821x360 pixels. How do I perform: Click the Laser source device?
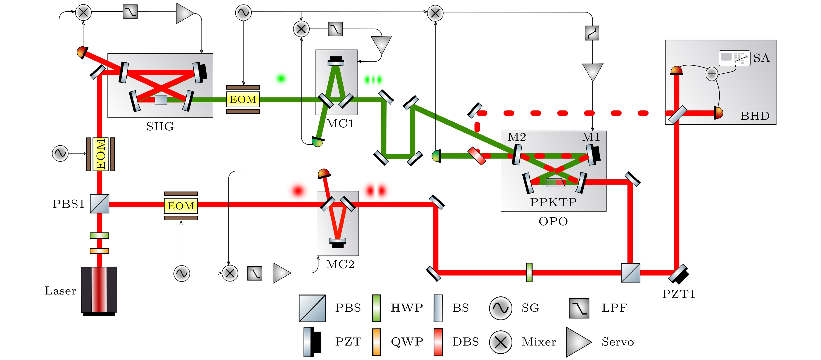[x=99, y=290]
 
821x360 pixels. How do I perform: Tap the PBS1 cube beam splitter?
[x=99, y=204]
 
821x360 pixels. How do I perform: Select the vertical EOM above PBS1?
[x=101, y=154]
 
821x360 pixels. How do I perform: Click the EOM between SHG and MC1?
[x=243, y=99]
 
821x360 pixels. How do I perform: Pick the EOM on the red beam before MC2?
[x=181, y=206]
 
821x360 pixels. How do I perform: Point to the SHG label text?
[x=160, y=127]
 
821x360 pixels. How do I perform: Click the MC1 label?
[x=340, y=124]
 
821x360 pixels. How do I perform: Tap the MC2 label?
[x=340, y=264]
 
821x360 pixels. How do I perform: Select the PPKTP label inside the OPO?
[x=553, y=202]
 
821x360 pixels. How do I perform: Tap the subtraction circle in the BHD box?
[x=712, y=74]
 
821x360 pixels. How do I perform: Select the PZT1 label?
[x=678, y=294]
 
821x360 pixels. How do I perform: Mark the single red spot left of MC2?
[x=298, y=191]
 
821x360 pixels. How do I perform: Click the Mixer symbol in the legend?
[x=501, y=342]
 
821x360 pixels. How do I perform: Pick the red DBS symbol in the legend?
[x=438, y=342]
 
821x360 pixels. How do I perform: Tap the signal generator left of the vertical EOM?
[x=60, y=153]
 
